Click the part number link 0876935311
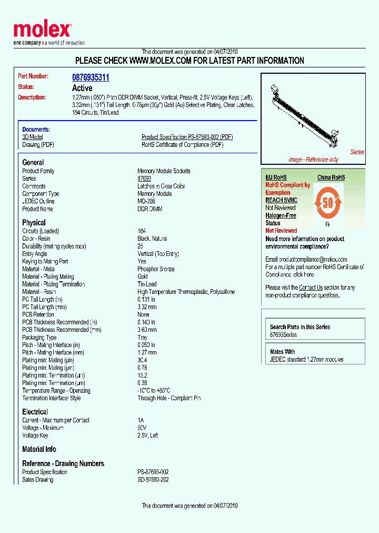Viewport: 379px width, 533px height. (91, 77)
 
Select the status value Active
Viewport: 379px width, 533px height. (82, 88)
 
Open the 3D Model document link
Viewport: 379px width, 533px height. (32, 137)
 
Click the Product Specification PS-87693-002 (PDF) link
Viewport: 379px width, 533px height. (187, 137)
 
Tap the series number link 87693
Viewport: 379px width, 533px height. (144, 179)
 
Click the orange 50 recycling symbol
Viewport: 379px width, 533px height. (328, 203)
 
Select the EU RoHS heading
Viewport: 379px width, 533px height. (276, 178)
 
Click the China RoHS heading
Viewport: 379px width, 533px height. (331, 178)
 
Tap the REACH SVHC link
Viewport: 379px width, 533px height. (281, 200)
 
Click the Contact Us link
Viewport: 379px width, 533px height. (311, 288)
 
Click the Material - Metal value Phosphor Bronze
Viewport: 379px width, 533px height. (156, 269)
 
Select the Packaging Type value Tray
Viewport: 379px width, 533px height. (143, 338)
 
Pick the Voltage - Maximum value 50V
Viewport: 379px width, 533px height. (142, 428)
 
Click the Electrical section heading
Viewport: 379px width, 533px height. (35, 412)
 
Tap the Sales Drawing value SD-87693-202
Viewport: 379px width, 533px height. (153, 480)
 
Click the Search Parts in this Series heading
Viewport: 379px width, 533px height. (300, 327)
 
